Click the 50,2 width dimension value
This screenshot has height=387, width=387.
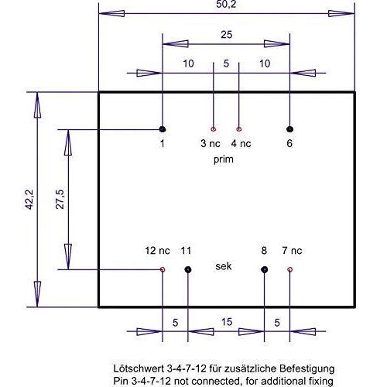pyautogui.click(x=226, y=4)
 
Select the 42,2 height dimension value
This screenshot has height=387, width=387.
pyautogui.click(x=29, y=200)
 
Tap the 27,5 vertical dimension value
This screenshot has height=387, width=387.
pyautogui.click(x=60, y=200)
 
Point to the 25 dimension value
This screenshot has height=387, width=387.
pyautogui.click(x=227, y=35)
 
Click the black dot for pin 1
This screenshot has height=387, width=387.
pyautogui.click(x=163, y=129)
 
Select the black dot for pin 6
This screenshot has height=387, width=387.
pyautogui.click(x=289, y=129)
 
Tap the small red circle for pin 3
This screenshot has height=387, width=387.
pyautogui.click(x=214, y=129)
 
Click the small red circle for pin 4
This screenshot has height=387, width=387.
pyautogui.click(x=239, y=129)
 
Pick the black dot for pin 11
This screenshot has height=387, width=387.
pyautogui.click(x=188, y=270)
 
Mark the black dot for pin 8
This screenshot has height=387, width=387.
pyautogui.click(x=264, y=270)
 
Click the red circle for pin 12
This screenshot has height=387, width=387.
pyautogui.click(x=163, y=270)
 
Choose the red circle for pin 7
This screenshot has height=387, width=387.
pyautogui.click(x=289, y=270)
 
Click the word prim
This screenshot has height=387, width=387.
pyautogui.click(x=224, y=159)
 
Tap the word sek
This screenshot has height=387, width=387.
pyautogui.click(x=224, y=266)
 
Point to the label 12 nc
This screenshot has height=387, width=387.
pyautogui.click(x=157, y=251)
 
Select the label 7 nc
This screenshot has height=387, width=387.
pyautogui.click(x=292, y=251)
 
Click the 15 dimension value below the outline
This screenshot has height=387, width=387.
pyautogui.click(x=227, y=322)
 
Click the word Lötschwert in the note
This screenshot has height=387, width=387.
pyautogui.click(x=139, y=368)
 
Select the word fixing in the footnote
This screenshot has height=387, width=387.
pyautogui.click(x=320, y=382)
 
